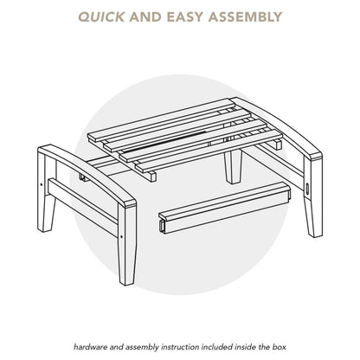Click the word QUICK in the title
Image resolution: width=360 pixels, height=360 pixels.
[x=101, y=17]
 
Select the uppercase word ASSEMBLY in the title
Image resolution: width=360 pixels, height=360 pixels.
[x=245, y=17]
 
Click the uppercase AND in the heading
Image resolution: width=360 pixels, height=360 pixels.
[x=145, y=17]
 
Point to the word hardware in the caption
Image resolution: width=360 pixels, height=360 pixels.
[x=87, y=347]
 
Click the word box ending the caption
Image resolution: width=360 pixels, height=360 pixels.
[x=280, y=347]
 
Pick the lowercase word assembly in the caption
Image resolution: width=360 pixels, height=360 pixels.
[x=142, y=348]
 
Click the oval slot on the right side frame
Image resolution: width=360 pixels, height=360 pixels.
[x=308, y=190]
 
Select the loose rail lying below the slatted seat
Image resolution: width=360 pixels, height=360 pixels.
[x=224, y=207]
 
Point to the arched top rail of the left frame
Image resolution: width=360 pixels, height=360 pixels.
[x=87, y=175]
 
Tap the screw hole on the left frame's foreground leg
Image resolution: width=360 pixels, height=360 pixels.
[x=121, y=236]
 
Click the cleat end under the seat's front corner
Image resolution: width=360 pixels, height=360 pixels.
[x=152, y=176]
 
